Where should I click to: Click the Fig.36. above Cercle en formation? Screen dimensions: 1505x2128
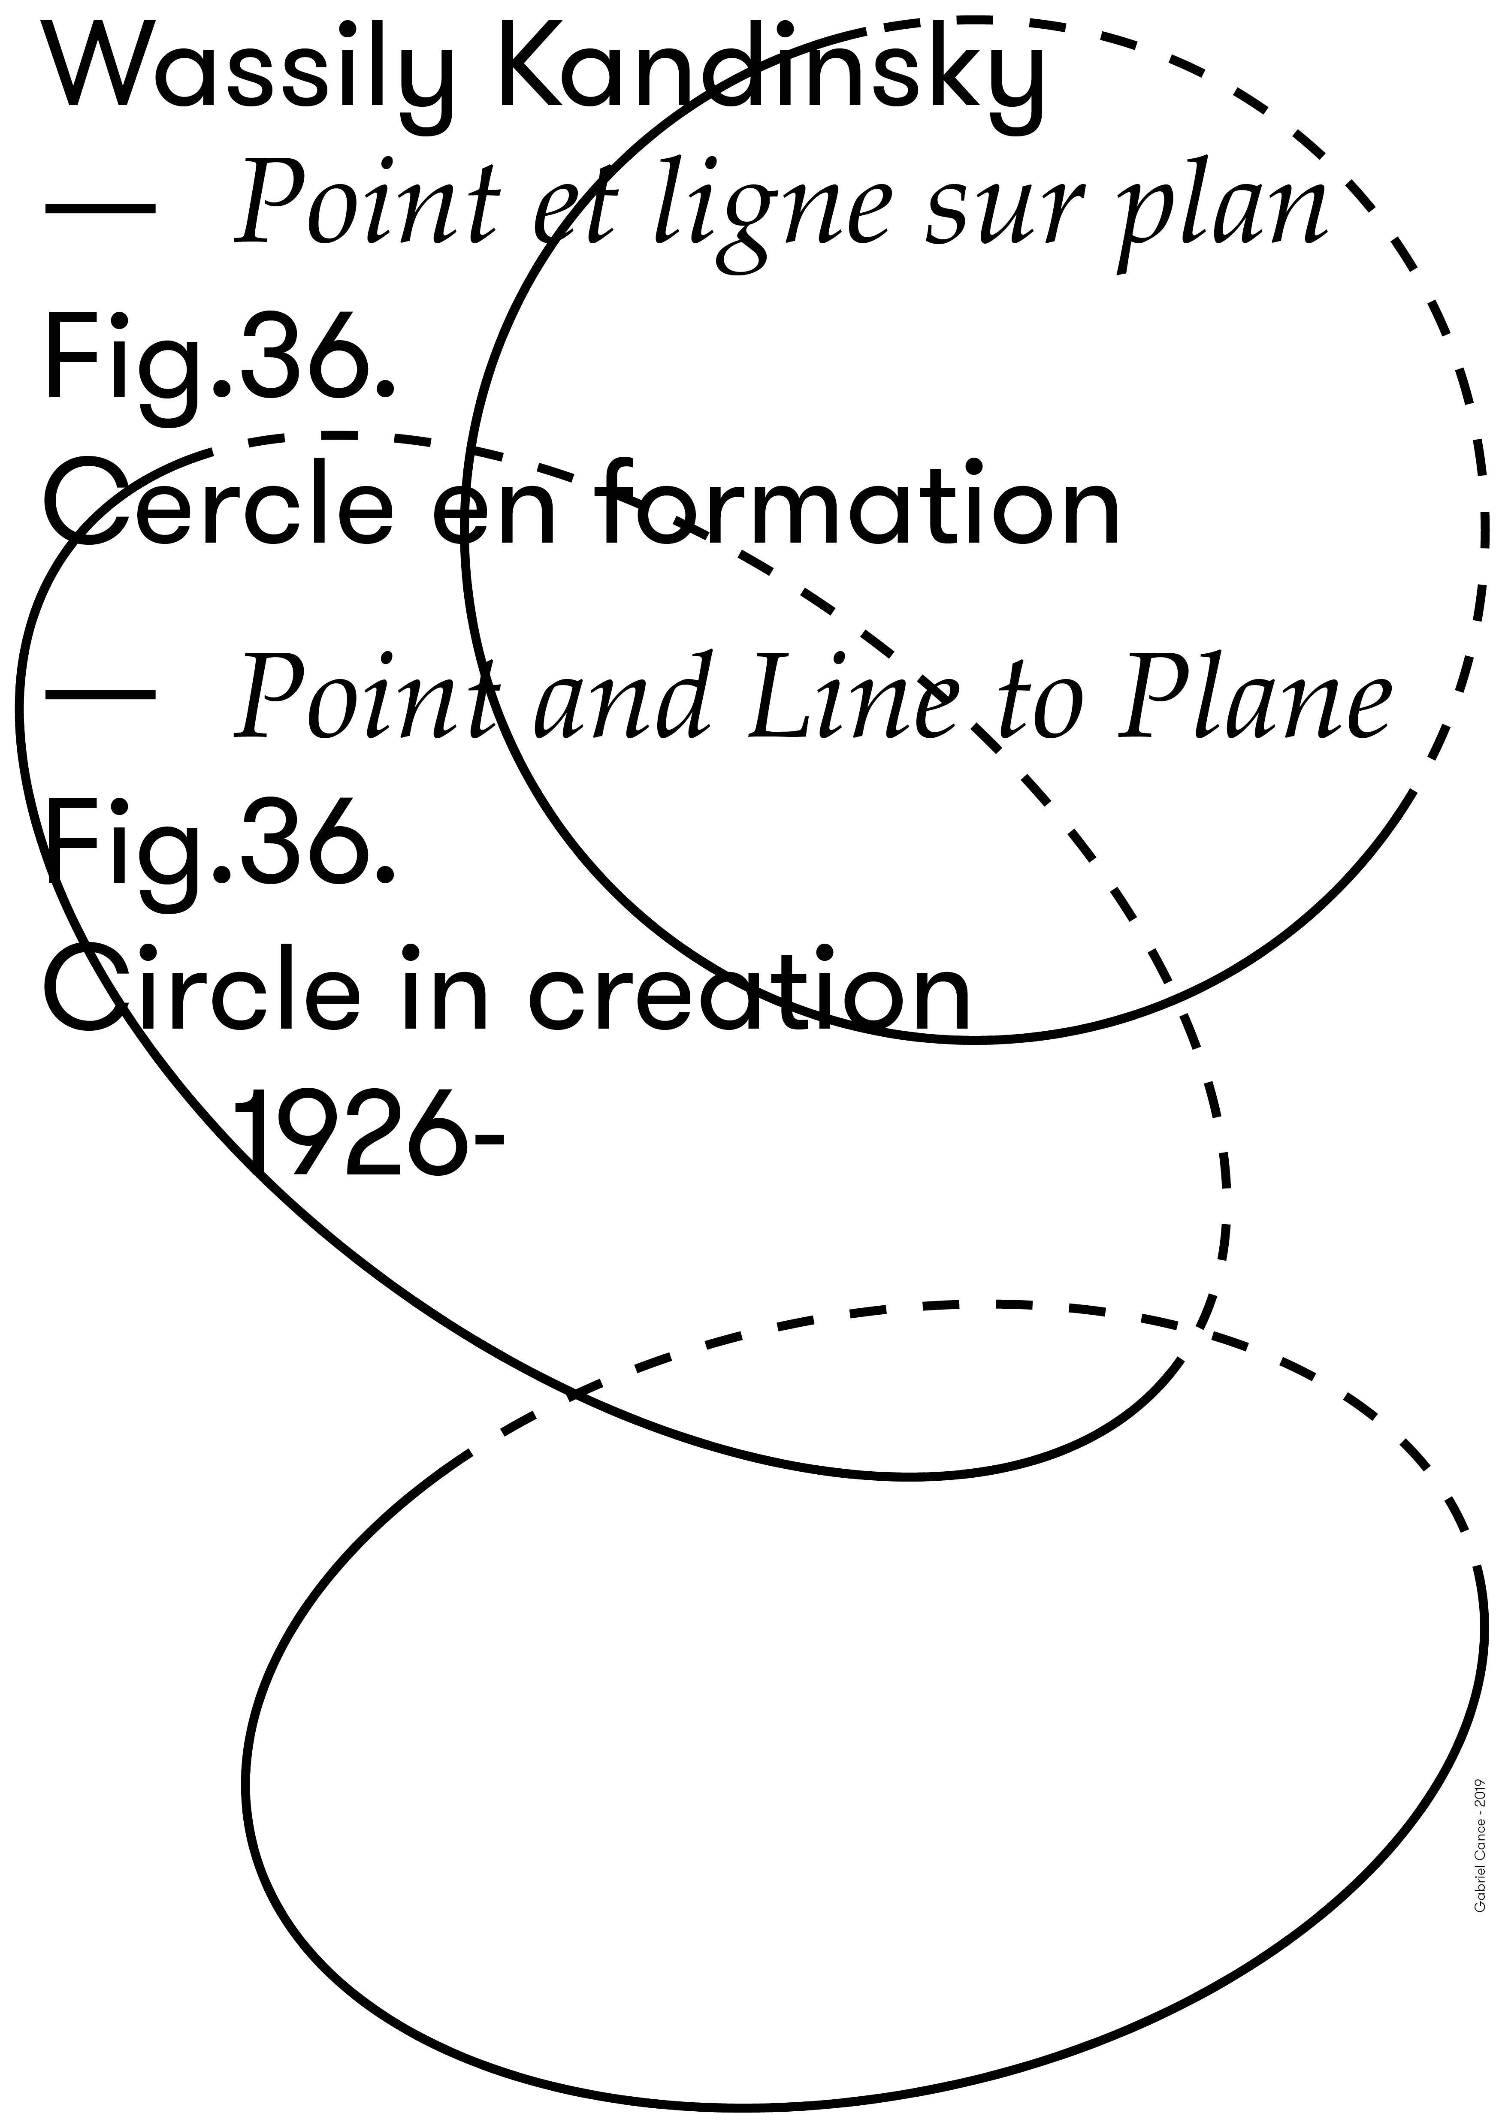pyautogui.click(x=220, y=362)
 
